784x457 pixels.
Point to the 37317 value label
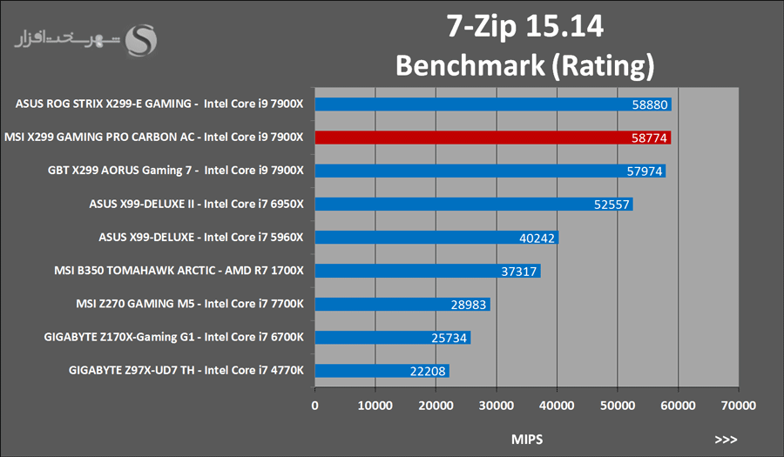(x=519, y=272)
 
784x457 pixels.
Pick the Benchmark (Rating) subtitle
(x=524, y=65)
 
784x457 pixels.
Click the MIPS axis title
(x=526, y=440)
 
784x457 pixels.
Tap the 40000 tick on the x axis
(x=557, y=405)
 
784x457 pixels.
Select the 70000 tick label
(x=738, y=405)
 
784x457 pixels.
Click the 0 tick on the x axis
(x=315, y=405)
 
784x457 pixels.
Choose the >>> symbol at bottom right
(x=726, y=440)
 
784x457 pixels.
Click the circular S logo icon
(x=142, y=39)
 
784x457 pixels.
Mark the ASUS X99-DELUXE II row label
(x=196, y=205)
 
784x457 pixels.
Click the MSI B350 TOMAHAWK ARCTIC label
(x=179, y=271)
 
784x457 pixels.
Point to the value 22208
(x=429, y=372)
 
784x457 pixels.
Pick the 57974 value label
(x=645, y=171)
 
